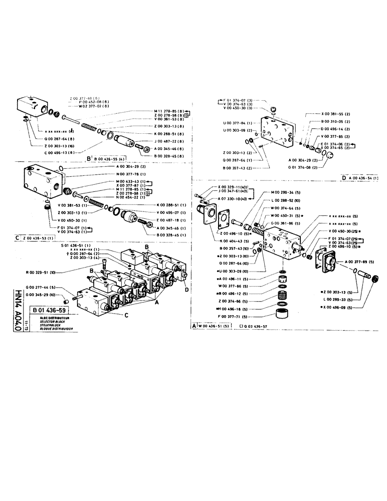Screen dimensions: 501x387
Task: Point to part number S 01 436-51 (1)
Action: coord(75,245)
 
